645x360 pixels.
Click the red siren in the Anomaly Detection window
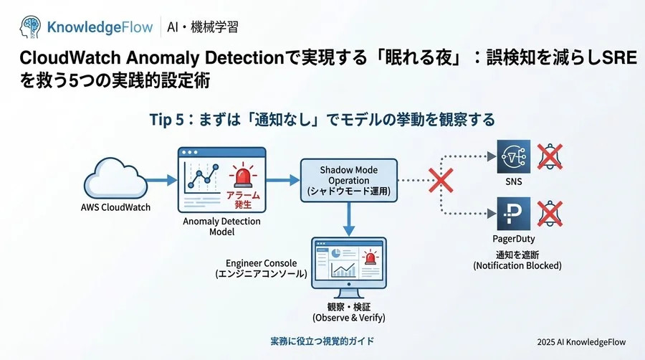(x=242, y=174)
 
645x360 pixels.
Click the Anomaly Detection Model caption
(x=221, y=227)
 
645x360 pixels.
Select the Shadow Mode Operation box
(x=348, y=181)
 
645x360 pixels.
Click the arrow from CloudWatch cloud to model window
(x=162, y=180)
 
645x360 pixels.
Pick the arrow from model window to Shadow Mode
(x=282, y=181)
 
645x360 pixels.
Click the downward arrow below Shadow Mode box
(x=348, y=218)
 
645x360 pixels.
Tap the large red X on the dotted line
(x=440, y=181)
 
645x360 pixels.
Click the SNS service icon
(x=513, y=156)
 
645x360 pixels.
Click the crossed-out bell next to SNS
(x=550, y=156)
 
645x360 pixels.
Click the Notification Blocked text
(x=517, y=265)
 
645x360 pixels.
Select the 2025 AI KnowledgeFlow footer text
(x=580, y=343)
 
